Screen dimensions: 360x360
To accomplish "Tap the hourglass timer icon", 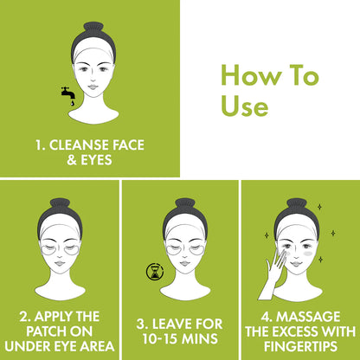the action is pyautogui.click(x=155, y=272).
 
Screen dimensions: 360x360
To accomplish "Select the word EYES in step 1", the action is pyautogui.click(x=96, y=160).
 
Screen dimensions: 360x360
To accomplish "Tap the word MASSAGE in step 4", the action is pyautogui.click(x=308, y=317).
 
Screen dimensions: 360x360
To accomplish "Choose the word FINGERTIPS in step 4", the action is pyautogui.click(x=300, y=346).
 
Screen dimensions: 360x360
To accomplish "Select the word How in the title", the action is pyautogui.click(x=251, y=75).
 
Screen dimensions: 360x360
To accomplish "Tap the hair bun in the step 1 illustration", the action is pyautogui.click(x=93, y=27).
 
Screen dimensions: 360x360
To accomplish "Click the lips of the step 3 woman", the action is pyautogui.click(x=185, y=263).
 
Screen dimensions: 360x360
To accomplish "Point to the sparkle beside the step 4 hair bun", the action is pyautogui.click(x=319, y=207).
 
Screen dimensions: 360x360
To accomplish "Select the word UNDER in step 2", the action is pyautogui.click(x=25, y=346).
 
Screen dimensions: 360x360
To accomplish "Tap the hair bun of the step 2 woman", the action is pyautogui.click(x=60, y=203).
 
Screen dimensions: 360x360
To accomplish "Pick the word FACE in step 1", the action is pyautogui.click(x=128, y=145).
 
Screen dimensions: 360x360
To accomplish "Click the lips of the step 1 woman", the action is pyautogui.click(x=93, y=87).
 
